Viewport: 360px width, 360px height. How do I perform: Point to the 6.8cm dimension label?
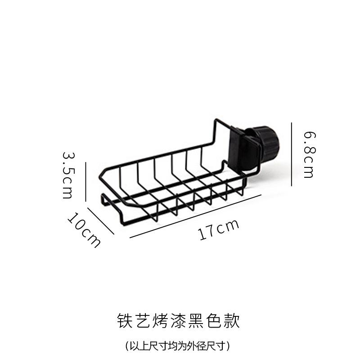(x=309, y=154)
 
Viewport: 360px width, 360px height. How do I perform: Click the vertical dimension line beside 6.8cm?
(x=292, y=154)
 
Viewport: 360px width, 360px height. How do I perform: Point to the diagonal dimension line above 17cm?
(x=195, y=216)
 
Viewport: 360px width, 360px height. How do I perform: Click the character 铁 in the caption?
(x=124, y=320)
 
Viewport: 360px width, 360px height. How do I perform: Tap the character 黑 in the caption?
(x=196, y=320)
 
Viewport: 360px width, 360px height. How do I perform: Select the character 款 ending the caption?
(x=232, y=320)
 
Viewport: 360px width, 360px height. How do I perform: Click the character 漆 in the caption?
(x=178, y=320)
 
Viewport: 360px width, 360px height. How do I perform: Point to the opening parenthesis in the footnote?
(x=127, y=346)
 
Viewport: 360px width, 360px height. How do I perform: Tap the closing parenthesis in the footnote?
(x=229, y=346)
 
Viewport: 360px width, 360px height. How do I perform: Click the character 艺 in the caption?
(x=142, y=320)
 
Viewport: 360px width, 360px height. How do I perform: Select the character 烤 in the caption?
(x=160, y=320)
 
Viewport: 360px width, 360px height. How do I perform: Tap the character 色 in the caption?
(x=214, y=320)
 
